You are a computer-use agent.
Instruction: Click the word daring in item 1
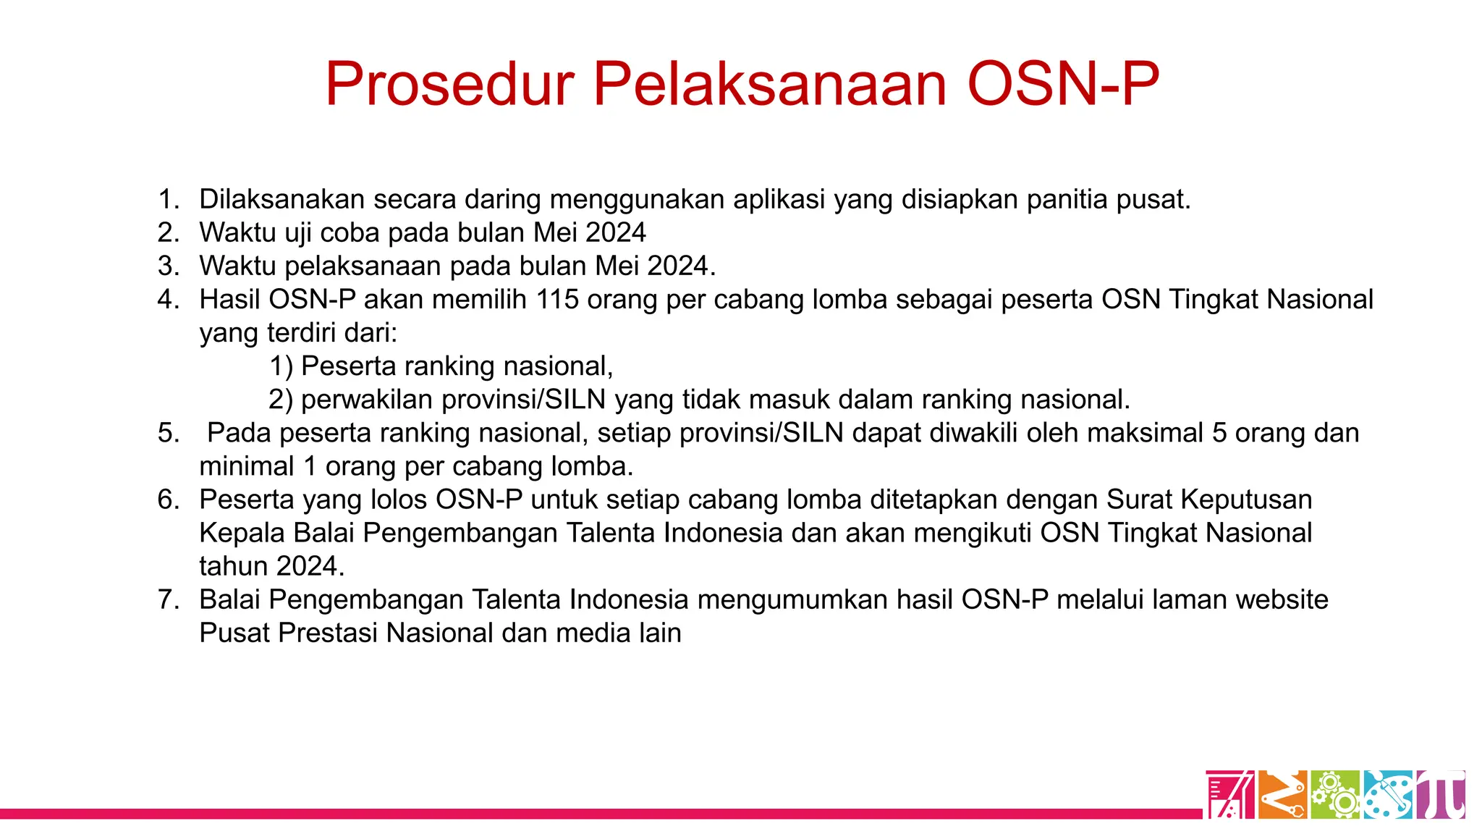point(502,199)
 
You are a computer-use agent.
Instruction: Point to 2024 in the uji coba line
point(615,232)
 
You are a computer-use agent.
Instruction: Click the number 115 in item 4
point(557,299)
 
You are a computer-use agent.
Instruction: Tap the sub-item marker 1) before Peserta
point(281,366)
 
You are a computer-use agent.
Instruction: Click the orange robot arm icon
point(1282,795)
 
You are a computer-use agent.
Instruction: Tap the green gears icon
point(1336,795)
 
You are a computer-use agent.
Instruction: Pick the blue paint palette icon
point(1388,795)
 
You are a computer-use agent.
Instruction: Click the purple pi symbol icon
point(1441,795)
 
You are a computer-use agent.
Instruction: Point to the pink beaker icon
point(1229,795)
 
